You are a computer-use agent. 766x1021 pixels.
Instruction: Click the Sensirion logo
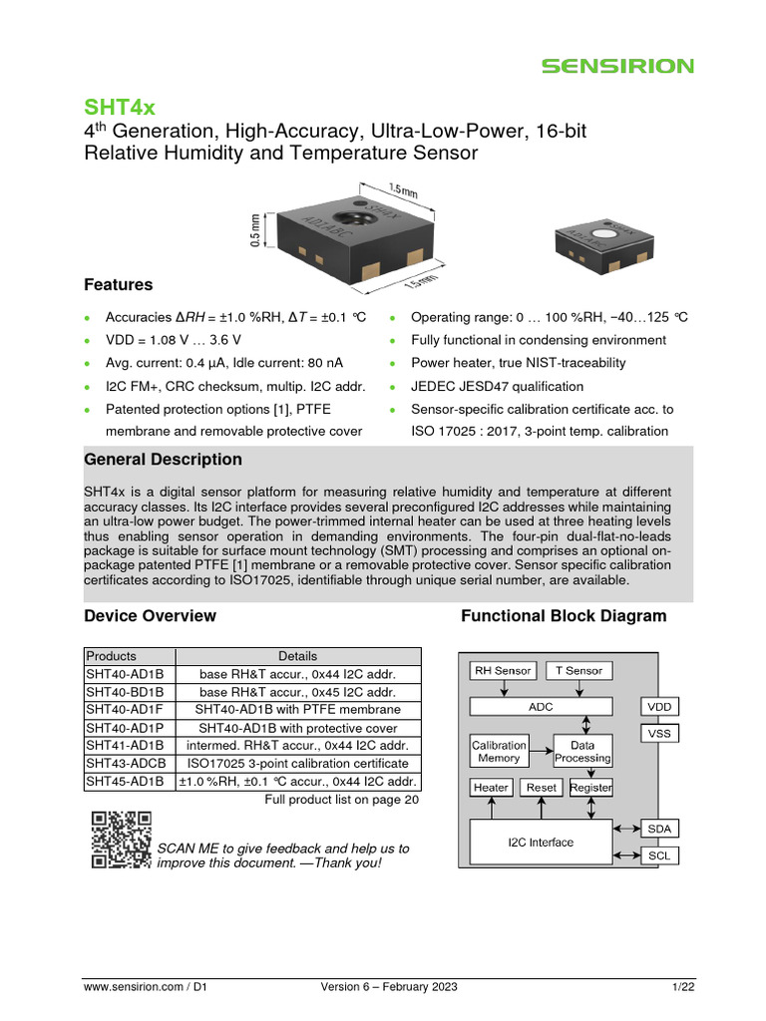pos(617,66)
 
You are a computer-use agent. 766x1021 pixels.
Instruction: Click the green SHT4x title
pos(119,107)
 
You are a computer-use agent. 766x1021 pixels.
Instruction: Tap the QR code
pos(121,840)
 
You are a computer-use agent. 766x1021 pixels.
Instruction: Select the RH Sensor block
pos(503,671)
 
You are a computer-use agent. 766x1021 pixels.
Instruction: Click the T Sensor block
pos(578,671)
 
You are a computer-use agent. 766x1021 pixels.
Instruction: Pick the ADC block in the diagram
pos(540,707)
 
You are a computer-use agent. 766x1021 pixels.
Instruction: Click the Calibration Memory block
pos(499,752)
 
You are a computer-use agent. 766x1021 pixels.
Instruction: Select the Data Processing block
pos(582,752)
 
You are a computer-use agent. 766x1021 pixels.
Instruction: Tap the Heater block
pos(491,788)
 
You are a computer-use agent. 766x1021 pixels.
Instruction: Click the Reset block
pos(542,788)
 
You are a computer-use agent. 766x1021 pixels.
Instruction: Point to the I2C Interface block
pos(541,843)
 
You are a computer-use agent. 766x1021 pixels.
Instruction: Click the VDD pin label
pos(659,707)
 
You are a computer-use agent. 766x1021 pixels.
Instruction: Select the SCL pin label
pos(659,855)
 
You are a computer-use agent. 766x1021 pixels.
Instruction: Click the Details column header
pos(297,656)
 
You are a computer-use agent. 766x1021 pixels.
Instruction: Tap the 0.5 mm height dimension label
pos(255,230)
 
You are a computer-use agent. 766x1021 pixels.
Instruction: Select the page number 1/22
pos(682,987)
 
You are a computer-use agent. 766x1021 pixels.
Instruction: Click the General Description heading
pos(163,460)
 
